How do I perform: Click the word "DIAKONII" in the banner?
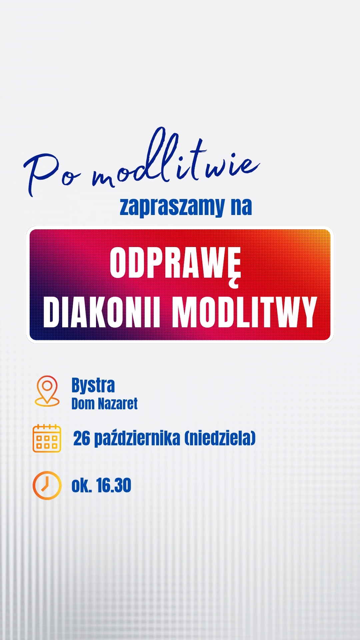tap(102, 312)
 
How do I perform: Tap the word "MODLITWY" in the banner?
tap(244, 312)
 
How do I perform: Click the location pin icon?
tap(47, 391)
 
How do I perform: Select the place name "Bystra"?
tap(93, 386)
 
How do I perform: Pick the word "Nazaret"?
tap(118, 404)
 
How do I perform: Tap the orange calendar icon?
tap(47, 438)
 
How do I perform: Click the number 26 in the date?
tap(82, 438)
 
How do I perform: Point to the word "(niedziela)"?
tap(220, 438)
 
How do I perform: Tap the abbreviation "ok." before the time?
tap(82, 485)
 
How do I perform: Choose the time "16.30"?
tap(114, 485)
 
